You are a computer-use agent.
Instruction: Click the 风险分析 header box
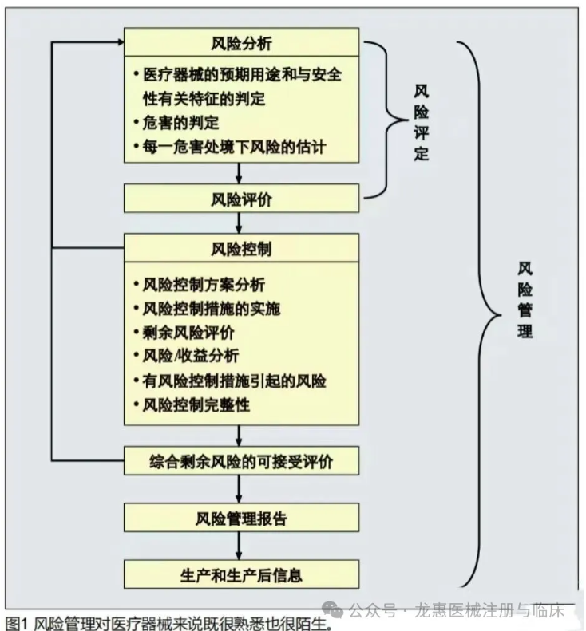tap(241, 42)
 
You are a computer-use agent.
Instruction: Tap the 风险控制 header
tap(241, 248)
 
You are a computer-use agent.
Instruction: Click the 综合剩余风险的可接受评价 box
tap(241, 462)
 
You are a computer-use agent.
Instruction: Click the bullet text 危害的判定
tap(180, 123)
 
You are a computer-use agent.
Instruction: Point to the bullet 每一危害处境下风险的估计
tap(234, 147)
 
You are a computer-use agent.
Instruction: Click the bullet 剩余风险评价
tap(188, 332)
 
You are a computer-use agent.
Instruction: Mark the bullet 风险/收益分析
tap(190, 356)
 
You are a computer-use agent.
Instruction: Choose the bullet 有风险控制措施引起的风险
tap(234, 381)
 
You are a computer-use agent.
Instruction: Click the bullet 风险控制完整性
tap(196, 404)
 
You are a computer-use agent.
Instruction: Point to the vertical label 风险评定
tap(421, 121)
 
